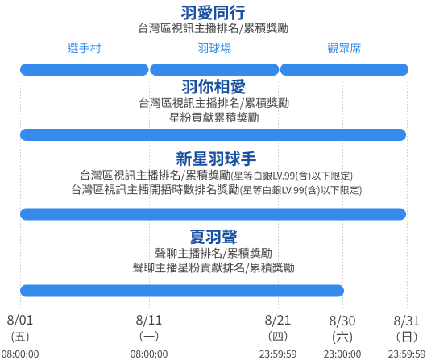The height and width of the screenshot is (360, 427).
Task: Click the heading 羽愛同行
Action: click(x=213, y=13)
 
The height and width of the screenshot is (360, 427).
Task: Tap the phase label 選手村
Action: click(x=84, y=48)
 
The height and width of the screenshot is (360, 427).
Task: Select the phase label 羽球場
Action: click(x=214, y=48)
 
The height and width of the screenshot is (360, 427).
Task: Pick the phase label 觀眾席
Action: click(x=344, y=48)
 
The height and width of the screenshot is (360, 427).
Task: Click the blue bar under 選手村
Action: click(x=85, y=70)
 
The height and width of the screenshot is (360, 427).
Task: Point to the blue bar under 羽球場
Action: click(x=214, y=70)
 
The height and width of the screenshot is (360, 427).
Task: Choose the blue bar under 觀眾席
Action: click(x=344, y=70)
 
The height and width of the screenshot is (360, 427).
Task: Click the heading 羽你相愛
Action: click(x=213, y=87)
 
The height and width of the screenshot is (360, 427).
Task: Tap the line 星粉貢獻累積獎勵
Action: click(x=214, y=118)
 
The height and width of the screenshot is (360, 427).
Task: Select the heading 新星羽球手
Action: click(x=216, y=159)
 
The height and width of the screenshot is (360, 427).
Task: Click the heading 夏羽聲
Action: click(x=213, y=237)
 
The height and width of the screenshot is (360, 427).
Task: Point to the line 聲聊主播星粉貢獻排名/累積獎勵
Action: click(x=213, y=267)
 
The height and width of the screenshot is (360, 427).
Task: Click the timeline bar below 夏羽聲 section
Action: click(x=182, y=291)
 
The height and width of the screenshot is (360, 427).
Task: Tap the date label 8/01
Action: click(x=20, y=321)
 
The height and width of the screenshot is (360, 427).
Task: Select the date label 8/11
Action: click(x=149, y=321)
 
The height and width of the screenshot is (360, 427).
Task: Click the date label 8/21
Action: click(x=278, y=321)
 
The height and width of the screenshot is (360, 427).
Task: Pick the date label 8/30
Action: click(x=342, y=321)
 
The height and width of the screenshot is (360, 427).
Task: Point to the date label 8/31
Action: click(x=407, y=321)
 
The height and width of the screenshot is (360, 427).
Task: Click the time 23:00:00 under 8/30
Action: click(x=342, y=354)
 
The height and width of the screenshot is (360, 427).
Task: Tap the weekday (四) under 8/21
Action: click(x=278, y=337)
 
